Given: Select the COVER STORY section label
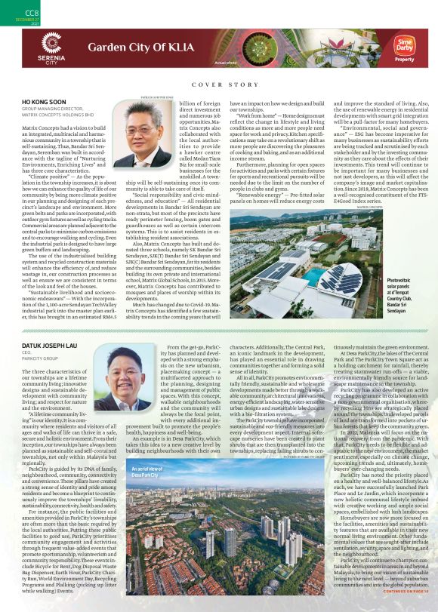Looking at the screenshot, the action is [x=218, y=86].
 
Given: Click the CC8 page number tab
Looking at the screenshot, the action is [x=11, y=13].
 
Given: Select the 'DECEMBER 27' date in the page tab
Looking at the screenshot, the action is [x=11, y=20].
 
